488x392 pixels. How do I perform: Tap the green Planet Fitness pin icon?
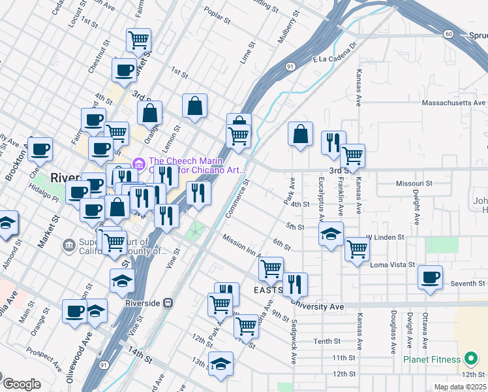pos(470,359)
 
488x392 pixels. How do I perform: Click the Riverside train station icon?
pos(168,303)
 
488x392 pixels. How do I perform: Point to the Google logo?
pos(22,384)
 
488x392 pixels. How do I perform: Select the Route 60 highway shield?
pos(448,34)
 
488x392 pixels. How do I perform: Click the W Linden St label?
pos(385,237)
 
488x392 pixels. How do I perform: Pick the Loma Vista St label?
pos(393,265)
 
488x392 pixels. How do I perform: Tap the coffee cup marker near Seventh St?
pos(431,276)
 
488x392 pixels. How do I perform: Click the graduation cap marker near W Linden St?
pos(331,233)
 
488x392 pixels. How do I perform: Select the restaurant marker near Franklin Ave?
pos(333,142)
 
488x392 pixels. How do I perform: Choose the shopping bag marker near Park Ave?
pos(300,133)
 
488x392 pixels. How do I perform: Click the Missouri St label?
pos(414,184)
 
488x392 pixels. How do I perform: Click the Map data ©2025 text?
pos(460,387)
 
